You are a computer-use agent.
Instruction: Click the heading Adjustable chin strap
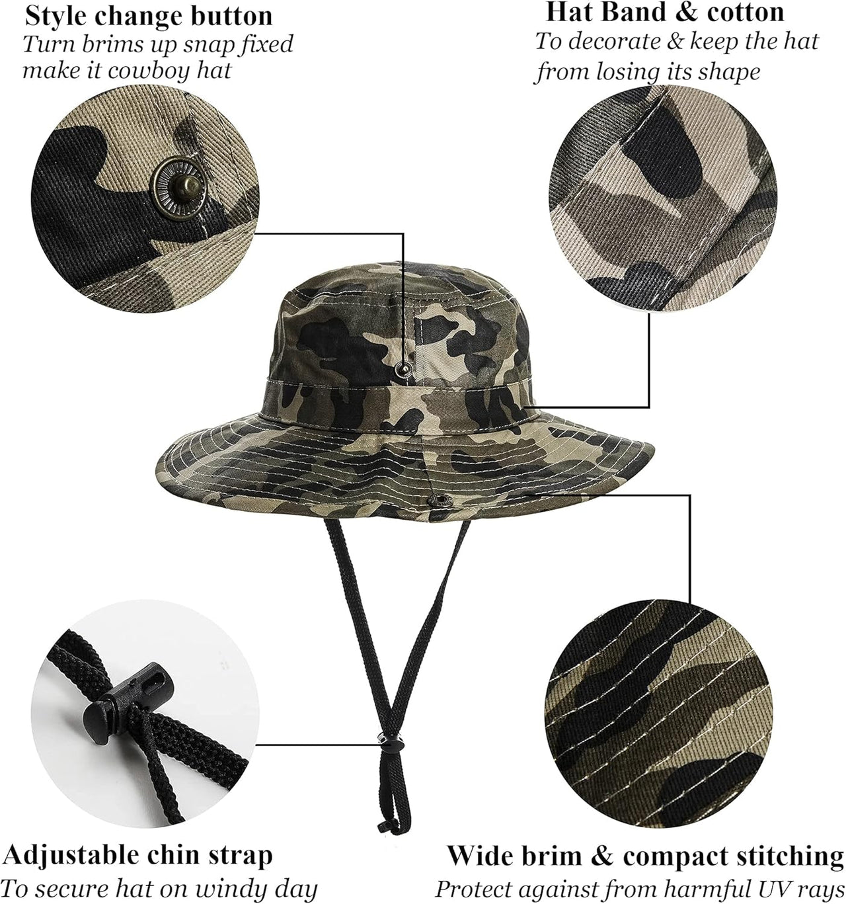(137, 855)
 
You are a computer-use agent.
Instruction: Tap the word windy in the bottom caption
(223, 888)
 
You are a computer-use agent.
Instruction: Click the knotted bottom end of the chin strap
(381, 825)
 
